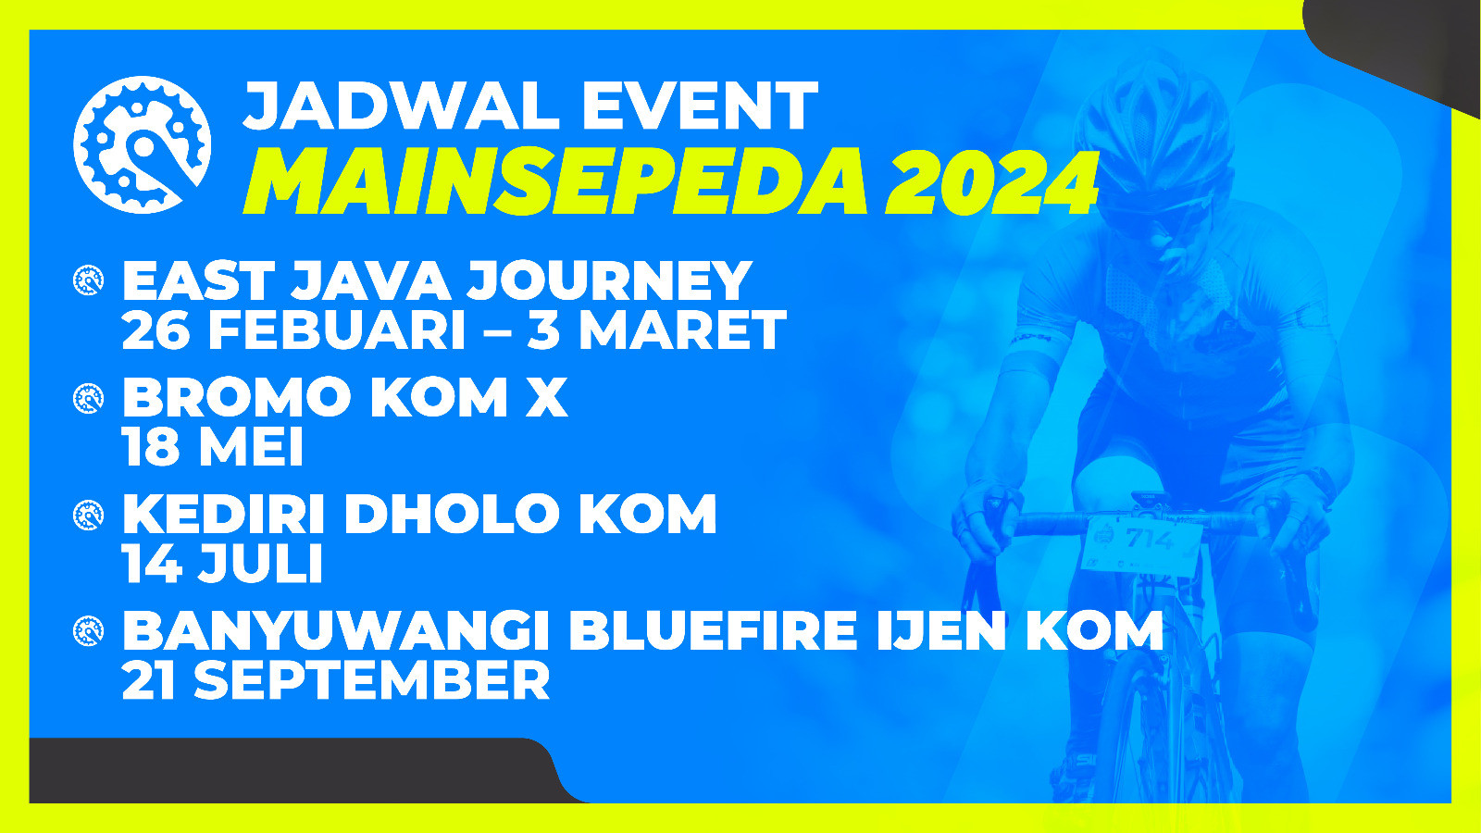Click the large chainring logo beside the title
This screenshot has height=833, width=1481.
143,144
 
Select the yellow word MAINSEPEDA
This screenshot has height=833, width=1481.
555,181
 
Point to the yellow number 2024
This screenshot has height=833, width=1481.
991,182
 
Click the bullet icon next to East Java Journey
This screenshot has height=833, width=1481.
88,280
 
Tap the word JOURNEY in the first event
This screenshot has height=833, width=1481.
609,281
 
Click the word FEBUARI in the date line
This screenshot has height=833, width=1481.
337,329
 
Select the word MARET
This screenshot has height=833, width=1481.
682,329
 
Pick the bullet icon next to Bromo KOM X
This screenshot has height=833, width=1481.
88,399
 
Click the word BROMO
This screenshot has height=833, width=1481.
236,397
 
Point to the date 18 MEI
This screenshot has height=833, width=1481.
212,446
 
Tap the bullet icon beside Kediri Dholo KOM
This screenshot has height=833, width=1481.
88,515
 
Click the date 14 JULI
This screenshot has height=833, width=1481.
222,563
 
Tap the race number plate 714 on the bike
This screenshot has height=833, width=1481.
1142,542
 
